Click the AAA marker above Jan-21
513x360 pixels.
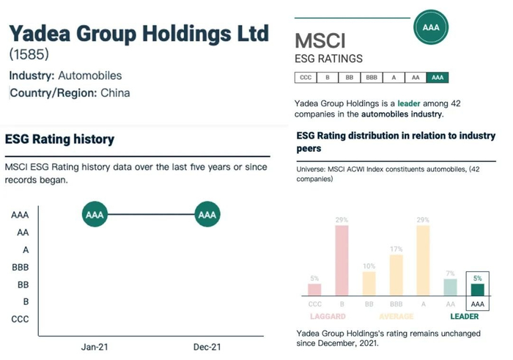(x=94, y=215)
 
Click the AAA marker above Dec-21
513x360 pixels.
(x=207, y=215)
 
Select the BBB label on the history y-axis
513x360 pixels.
(x=20, y=268)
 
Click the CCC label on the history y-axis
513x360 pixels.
(x=20, y=319)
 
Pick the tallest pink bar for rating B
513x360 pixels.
(x=341, y=260)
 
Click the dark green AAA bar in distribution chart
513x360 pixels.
(x=478, y=289)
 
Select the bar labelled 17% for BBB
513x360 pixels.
(x=396, y=275)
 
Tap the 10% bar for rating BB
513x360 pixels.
(x=369, y=283)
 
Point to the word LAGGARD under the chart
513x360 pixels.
(x=328, y=317)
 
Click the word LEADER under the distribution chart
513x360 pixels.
(x=464, y=317)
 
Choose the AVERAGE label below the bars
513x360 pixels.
(x=396, y=317)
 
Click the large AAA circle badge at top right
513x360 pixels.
(x=430, y=28)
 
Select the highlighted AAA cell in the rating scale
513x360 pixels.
(x=438, y=78)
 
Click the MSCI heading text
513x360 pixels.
(x=320, y=40)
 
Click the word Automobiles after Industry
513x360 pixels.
(x=91, y=76)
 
